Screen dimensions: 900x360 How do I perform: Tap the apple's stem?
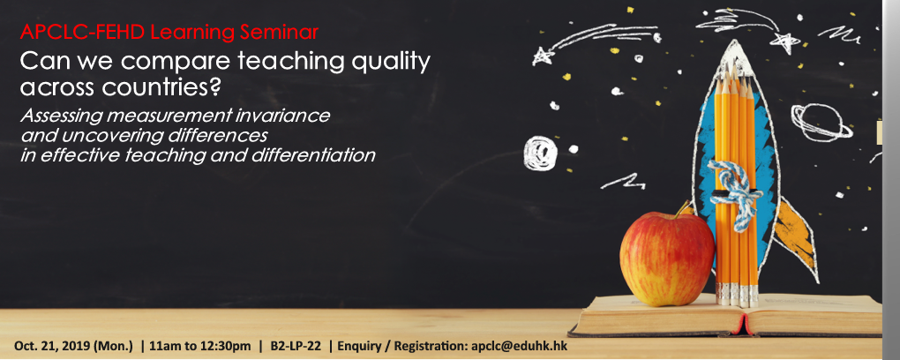[682, 208]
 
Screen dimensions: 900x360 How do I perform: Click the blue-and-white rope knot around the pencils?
[732, 191]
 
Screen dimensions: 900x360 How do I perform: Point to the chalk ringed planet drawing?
[821, 122]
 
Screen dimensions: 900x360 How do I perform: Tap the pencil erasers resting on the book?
[737, 294]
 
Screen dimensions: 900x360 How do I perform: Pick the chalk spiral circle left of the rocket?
[539, 152]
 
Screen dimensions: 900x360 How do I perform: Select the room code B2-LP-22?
[295, 346]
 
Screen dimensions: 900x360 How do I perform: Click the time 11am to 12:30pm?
[199, 346]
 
